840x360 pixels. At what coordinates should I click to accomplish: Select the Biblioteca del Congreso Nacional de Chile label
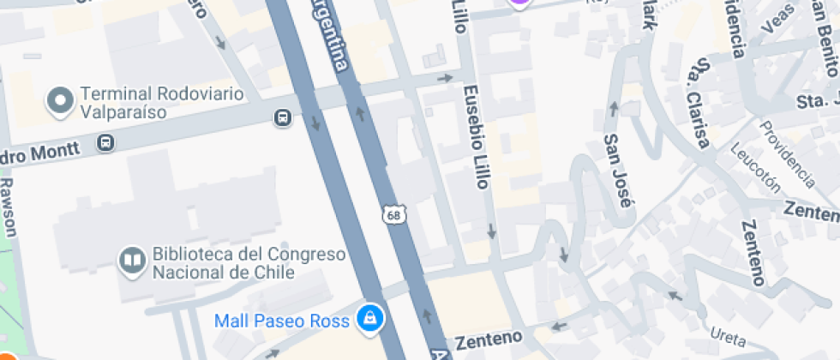(x=249, y=263)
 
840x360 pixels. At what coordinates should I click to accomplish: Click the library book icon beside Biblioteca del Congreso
(x=132, y=259)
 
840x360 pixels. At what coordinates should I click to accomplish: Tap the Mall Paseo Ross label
(x=282, y=321)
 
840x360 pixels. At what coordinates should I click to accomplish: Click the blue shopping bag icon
(x=370, y=318)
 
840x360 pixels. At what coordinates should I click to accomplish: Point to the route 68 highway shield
(x=394, y=214)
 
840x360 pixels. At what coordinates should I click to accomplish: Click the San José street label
(x=618, y=171)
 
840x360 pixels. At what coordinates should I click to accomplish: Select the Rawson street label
(x=9, y=207)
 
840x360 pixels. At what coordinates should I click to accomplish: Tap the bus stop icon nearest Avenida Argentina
(x=282, y=117)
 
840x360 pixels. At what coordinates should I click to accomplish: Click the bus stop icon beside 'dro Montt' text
(x=105, y=142)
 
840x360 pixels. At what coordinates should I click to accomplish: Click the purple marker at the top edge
(x=519, y=3)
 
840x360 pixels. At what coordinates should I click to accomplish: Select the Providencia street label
(x=786, y=153)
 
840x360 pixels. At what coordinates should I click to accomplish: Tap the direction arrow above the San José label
(x=614, y=108)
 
